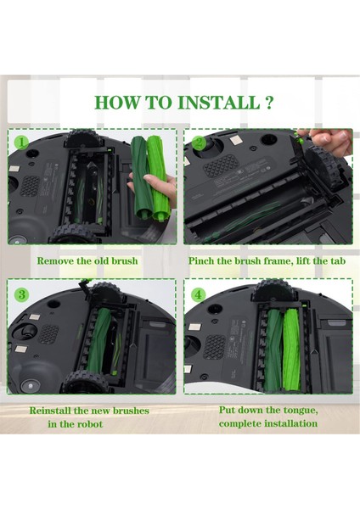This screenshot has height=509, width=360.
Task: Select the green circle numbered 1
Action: [21, 142]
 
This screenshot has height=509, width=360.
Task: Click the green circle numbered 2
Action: [198, 143]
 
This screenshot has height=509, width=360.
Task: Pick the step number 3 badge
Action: [21, 294]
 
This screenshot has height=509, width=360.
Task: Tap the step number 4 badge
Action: [198, 294]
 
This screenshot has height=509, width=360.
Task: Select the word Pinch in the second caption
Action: [204, 260]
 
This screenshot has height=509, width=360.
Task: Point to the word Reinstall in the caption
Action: [55, 411]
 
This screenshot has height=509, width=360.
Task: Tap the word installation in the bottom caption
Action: [288, 423]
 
